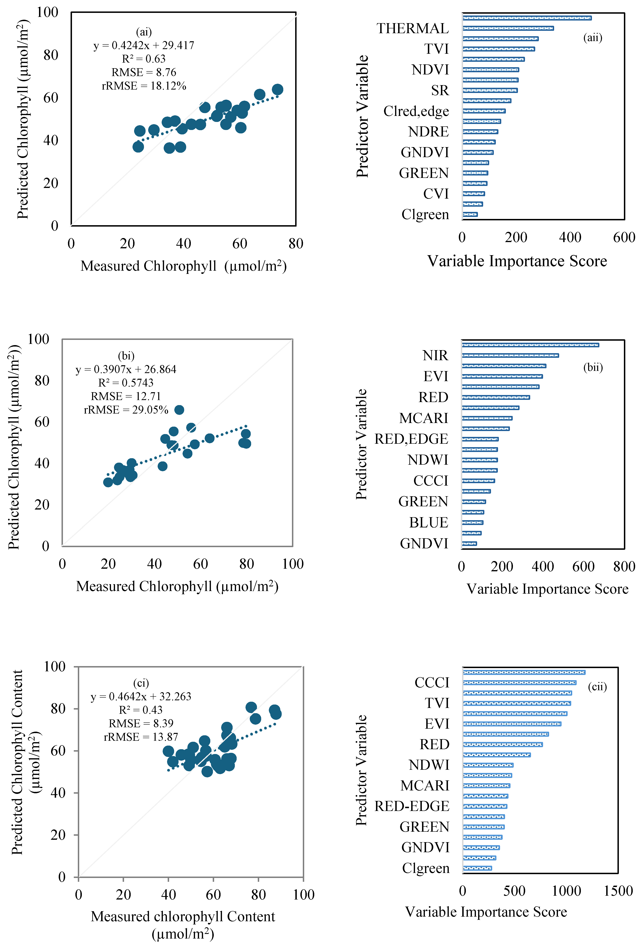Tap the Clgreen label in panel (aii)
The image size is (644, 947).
pyautogui.click(x=425, y=214)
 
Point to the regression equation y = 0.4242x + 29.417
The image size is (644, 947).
pyautogui.click(x=144, y=45)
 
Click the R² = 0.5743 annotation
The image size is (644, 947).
pyautogui.click(x=126, y=383)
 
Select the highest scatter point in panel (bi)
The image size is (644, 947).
pyautogui.click(x=179, y=410)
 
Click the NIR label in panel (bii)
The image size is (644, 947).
pyautogui.click(x=435, y=355)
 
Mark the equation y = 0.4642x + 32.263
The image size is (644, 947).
pyautogui.click(x=141, y=696)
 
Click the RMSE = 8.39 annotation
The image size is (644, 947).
pyautogui.click(x=141, y=723)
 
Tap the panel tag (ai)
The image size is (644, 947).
pyautogui.click(x=144, y=32)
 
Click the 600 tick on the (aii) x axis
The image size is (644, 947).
pyautogui.click(x=624, y=237)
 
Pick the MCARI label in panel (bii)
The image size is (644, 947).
pyautogui.click(x=423, y=418)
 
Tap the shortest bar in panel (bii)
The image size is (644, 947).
pyautogui.click(x=469, y=543)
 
